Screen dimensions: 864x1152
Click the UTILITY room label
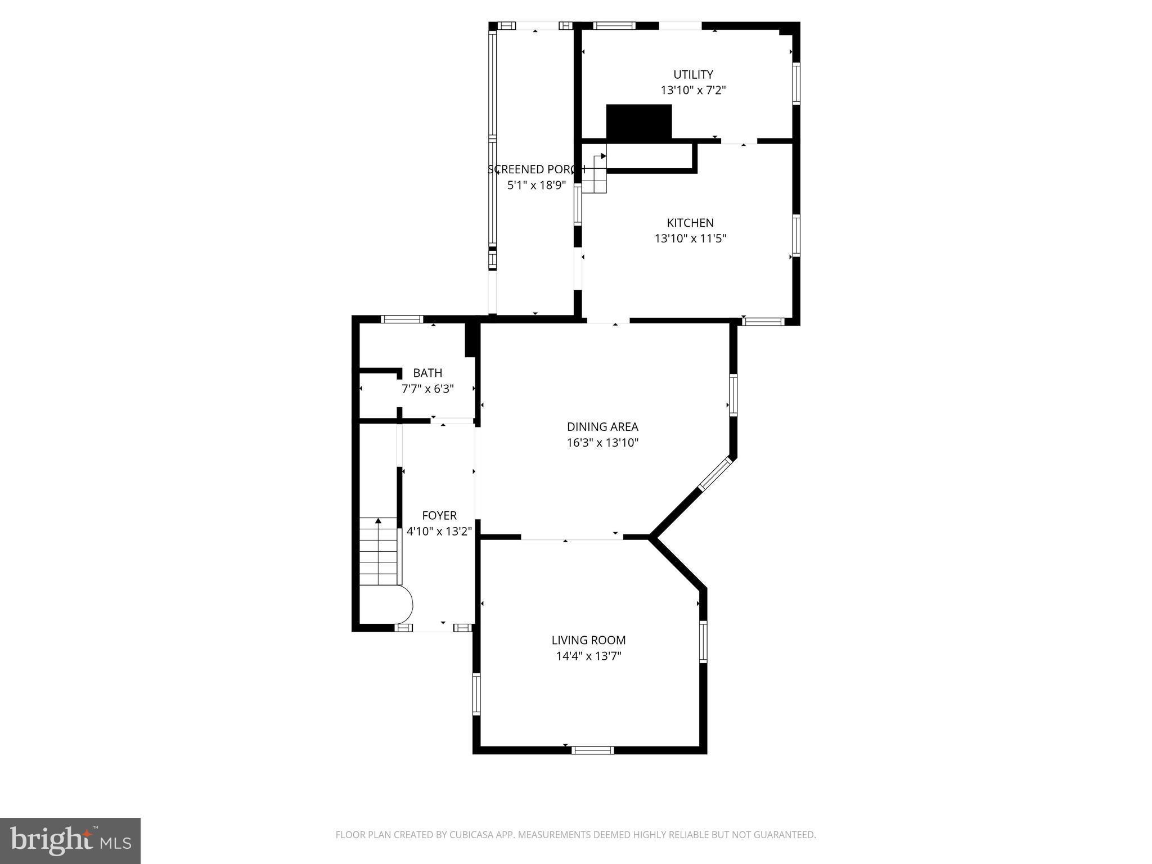pos(693,74)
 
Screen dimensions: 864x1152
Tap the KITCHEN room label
pos(690,223)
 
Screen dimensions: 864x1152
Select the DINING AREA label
pos(602,427)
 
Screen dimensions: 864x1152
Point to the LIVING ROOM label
pos(588,640)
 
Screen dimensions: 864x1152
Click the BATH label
pos(427,373)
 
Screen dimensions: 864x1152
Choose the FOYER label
pos(439,515)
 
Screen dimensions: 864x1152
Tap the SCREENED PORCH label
pos(536,169)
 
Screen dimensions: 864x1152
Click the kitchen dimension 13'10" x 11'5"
pos(690,238)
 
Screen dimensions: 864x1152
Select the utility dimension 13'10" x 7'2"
pos(693,90)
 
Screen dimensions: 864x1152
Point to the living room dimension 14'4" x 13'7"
pos(588,656)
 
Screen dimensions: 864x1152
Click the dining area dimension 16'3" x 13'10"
pos(602,443)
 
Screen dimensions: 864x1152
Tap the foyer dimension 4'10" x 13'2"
pos(439,531)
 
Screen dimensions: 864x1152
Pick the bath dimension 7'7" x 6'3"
pos(427,389)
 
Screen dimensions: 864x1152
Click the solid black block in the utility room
pos(639,121)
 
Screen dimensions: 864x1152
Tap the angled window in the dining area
pos(715,474)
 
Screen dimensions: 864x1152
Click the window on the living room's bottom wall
pos(593,750)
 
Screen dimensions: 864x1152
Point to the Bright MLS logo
pos(70,840)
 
